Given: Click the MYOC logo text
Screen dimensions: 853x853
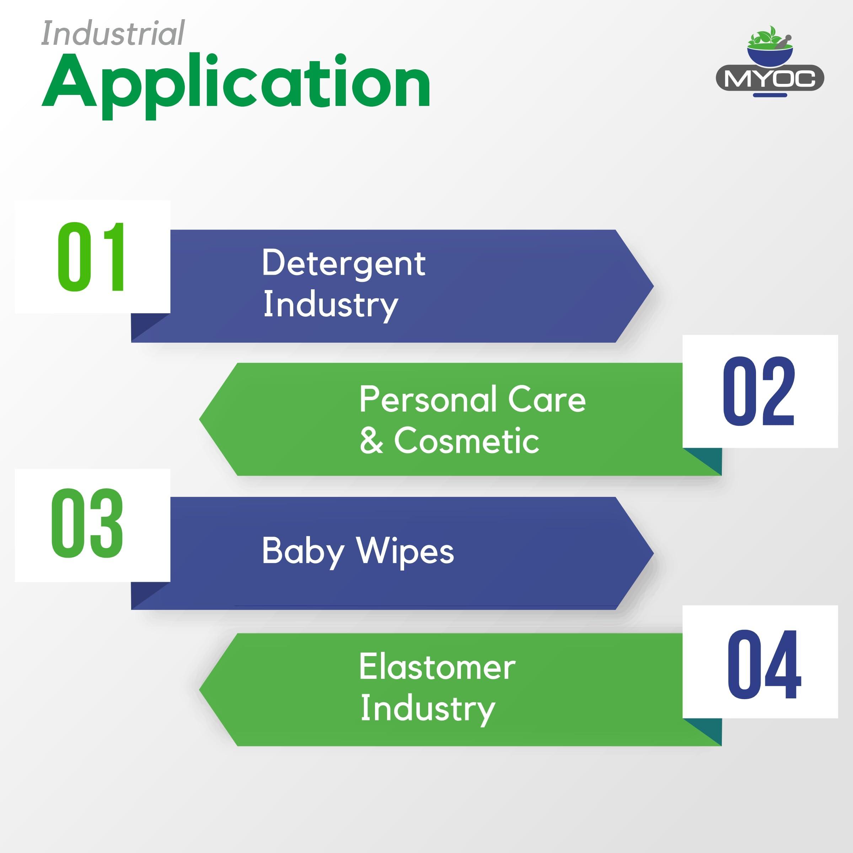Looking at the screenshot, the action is (x=769, y=79).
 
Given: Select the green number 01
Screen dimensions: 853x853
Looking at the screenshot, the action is (x=91, y=257).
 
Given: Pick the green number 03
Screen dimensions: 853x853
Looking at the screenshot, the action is (x=87, y=523).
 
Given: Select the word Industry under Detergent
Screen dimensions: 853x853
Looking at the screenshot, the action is (x=331, y=306).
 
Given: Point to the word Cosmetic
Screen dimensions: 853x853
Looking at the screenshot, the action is (x=466, y=441).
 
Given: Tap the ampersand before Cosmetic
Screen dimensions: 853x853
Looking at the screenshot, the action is (x=371, y=441).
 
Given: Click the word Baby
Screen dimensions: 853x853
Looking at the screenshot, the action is (x=303, y=552).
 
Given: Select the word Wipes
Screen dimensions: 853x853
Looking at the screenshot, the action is (x=405, y=552).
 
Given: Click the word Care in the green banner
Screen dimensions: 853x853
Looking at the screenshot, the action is (x=547, y=399).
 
